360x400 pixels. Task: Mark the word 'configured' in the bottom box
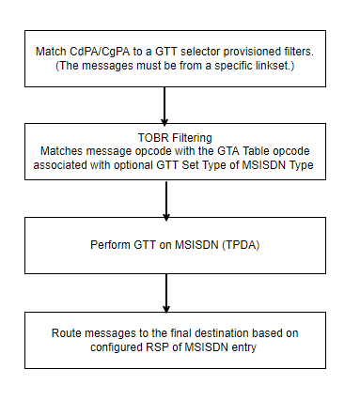pyautogui.click(x=130, y=347)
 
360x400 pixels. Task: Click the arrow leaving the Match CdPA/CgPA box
pyautogui.click(x=165, y=105)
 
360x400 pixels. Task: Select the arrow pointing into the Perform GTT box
pyautogui.click(x=165, y=199)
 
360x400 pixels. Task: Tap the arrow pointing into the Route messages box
pyautogui.click(x=165, y=293)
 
